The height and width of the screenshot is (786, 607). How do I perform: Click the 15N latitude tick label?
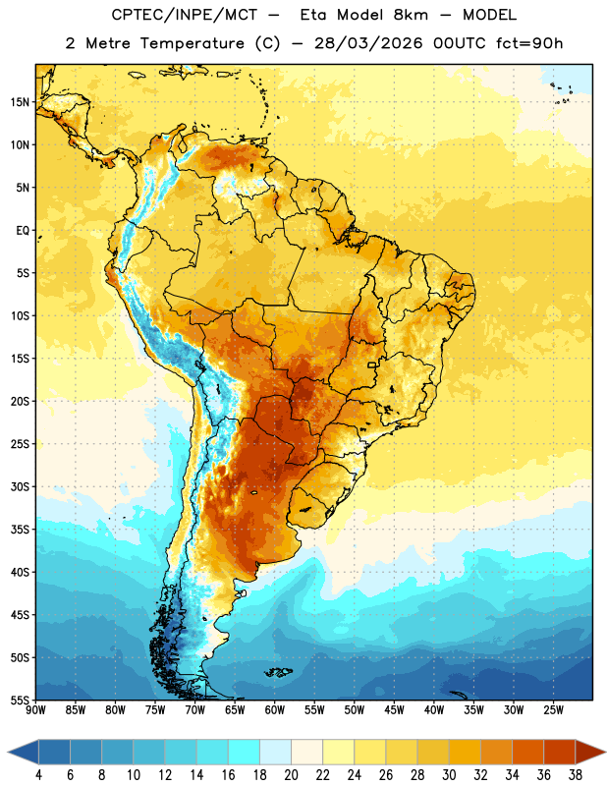[x=20, y=102]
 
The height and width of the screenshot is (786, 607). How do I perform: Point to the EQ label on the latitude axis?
[x=23, y=231]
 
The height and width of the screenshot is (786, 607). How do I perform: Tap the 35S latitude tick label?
[x=20, y=530]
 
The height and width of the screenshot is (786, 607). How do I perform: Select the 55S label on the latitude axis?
[x=20, y=701]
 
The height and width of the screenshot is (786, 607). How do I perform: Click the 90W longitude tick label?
[x=35, y=710]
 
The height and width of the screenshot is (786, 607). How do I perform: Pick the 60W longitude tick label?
[x=275, y=710]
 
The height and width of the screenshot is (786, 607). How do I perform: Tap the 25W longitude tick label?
[x=553, y=710]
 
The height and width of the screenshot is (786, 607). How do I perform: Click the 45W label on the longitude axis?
[x=394, y=710]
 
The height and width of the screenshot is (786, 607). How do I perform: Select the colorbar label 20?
[x=291, y=775]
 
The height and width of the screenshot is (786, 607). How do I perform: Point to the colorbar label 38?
[x=576, y=775]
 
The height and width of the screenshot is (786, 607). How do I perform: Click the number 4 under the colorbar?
[x=38, y=775]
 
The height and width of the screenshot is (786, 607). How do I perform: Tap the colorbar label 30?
[x=449, y=775]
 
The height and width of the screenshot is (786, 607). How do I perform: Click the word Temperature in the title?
[x=192, y=43]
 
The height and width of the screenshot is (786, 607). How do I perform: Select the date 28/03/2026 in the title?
[x=368, y=43]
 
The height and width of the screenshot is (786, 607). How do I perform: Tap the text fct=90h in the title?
[x=529, y=43]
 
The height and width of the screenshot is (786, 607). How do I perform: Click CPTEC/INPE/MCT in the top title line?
[x=184, y=16]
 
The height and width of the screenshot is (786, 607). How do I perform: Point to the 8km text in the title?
[x=411, y=15]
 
